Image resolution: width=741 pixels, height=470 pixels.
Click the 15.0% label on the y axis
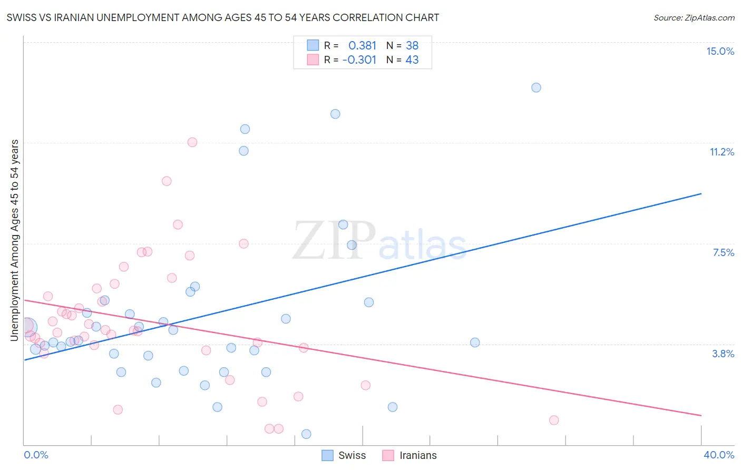720,51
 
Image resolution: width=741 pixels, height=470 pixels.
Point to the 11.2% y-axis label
721,152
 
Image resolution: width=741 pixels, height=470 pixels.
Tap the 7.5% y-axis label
723,252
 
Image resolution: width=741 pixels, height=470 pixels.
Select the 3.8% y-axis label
723,354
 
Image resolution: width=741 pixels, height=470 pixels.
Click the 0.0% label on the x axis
36,455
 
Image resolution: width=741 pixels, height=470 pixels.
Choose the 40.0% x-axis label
718,455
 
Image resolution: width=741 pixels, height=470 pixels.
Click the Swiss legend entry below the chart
352,455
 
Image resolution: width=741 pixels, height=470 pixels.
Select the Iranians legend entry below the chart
418,455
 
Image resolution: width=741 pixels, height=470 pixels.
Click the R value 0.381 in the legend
362,45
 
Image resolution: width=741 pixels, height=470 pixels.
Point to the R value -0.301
359,60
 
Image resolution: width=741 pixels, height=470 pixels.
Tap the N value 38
412,45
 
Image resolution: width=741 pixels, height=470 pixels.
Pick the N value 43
412,60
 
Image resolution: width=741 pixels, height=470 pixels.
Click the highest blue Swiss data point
536,87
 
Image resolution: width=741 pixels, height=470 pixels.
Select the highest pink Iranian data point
192,142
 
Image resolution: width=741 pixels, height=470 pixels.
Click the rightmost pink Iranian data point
554,420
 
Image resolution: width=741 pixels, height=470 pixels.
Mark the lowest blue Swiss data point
306,434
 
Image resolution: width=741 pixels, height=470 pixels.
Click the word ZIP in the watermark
334,241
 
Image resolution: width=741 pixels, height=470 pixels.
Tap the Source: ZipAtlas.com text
694,18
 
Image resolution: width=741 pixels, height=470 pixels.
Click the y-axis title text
15,240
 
